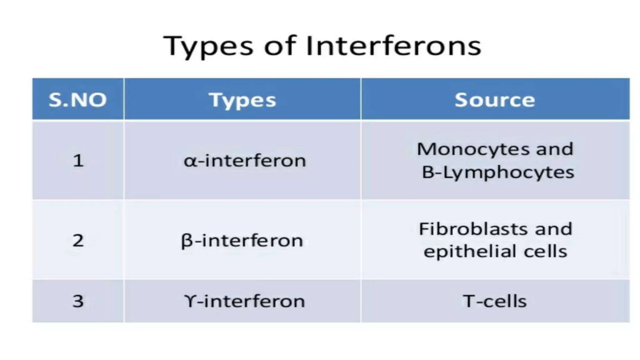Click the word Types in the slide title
pyautogui.click(x=208, y=46)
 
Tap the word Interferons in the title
pyautogui.click(x=393, y=46)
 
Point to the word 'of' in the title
pyautogui.click(x=279, y=46)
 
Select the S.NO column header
pyautogui.click(x=78, y=100)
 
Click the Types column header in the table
pyautogui.click(x=242, y=100)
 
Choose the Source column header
pyautogui.click(x=495, y=100)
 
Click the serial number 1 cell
pyautogui.click(x=78, y=161)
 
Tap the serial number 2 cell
pyautogui.click(x=78, y=241)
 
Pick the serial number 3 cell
pyautogui.click(x=78, y=301)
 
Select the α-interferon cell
pyautogui.click(x=245, y=161)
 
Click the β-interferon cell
pyautogui.click(x=242, y=241)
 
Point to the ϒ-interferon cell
pyautogui.click(x=244, y=301)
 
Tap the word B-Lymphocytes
pyautogui.click(x=498, y=172)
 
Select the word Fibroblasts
pyautogui.click(x=473, y=229)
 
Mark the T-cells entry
pyautogui.click(x=495, y=301)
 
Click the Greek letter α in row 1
pyautogui.click(x=189, y=161)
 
